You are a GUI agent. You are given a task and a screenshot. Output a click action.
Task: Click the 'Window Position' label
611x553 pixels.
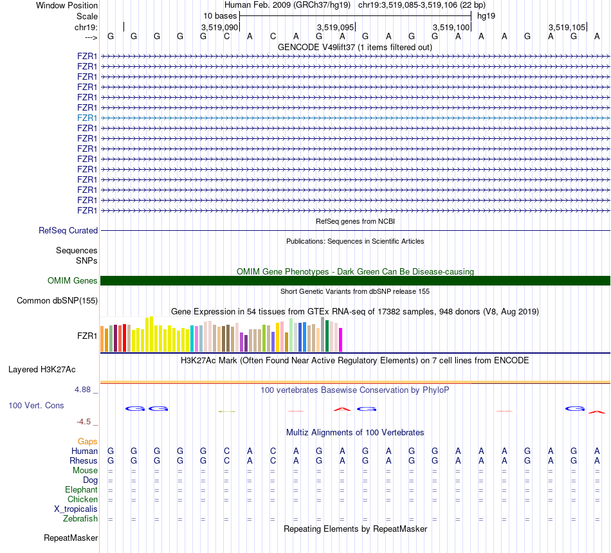pos(67,5)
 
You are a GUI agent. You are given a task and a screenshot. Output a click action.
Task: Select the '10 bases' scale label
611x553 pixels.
pos(220,15)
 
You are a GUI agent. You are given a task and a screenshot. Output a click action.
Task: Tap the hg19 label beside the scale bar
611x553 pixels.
pos(486,15)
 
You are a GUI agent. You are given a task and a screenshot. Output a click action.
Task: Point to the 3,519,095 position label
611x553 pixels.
pos(336,27)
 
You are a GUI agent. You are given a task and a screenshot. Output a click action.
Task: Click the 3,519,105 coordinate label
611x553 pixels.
pos(567,27)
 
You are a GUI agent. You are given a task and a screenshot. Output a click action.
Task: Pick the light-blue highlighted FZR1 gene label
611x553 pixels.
pos(87,118)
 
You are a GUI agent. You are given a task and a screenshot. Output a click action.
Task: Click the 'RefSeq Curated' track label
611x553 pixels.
pos(68,230)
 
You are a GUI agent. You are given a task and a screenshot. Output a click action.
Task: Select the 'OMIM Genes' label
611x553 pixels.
pos(73,280)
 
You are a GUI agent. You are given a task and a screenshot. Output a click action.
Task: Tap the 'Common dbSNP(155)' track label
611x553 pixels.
pos(57,300)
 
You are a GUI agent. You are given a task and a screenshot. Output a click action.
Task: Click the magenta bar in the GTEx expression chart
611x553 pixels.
pos(341,340)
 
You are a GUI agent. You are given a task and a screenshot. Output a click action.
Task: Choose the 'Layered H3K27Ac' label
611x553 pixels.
pos(42,369)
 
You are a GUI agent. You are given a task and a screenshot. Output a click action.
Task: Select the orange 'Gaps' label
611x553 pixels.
pos(87,441)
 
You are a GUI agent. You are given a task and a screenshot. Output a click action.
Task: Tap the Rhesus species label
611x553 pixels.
pos(84,461)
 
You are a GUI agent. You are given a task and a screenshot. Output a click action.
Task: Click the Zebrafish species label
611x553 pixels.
pos(80,519)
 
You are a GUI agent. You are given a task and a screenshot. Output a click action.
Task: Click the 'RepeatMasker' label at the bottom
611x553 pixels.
pos(71,538)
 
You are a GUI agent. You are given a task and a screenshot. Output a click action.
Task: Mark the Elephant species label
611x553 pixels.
pos(81,490)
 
